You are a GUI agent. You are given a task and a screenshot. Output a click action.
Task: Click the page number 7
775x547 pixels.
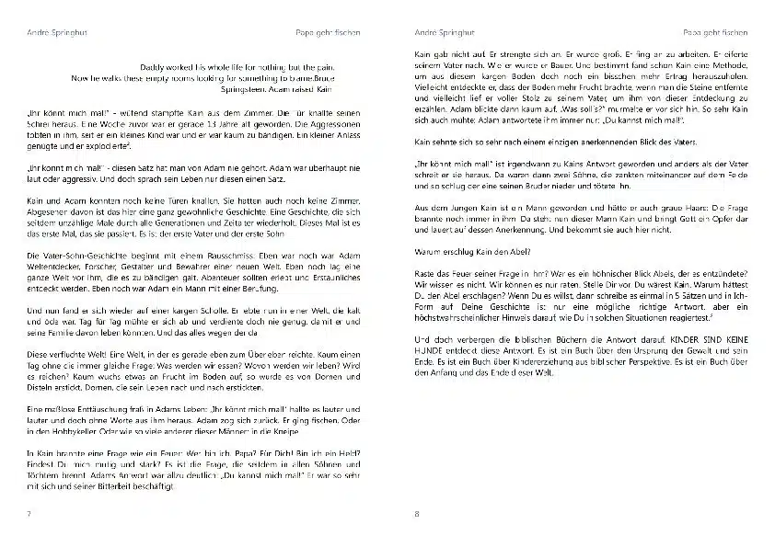29,513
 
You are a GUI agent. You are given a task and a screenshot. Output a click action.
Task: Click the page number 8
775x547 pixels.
417,513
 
